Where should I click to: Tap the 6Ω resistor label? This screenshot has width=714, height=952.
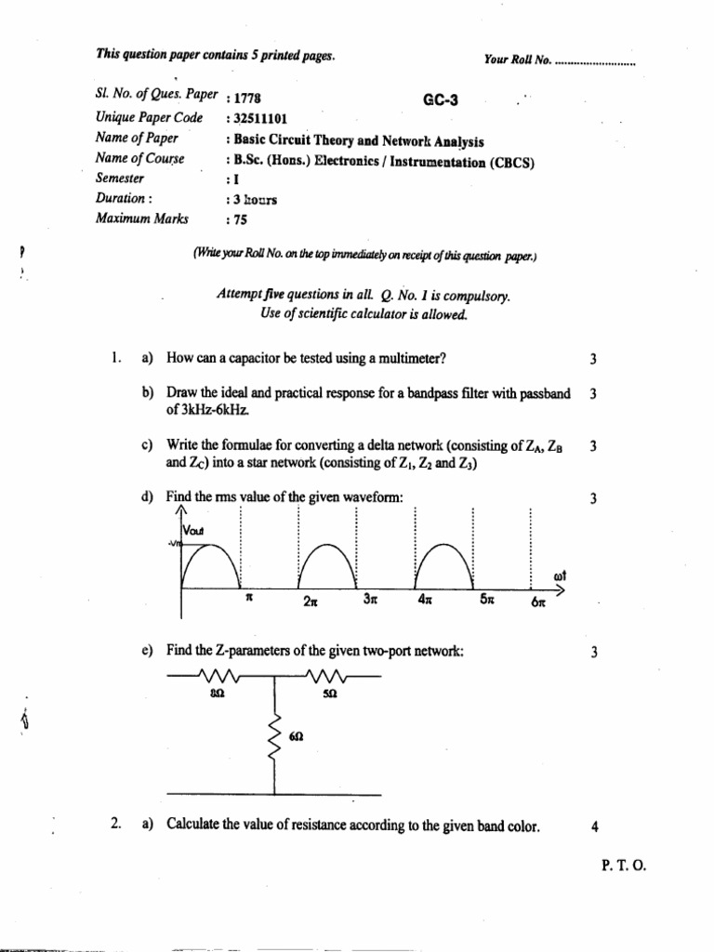coord(296,734)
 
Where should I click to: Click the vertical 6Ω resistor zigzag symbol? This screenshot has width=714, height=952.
coord(274,741)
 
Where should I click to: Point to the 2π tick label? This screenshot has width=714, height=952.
coord(311,602)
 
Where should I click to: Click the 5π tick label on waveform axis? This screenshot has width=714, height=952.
coord(487,601)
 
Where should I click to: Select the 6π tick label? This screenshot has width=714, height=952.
coord(540,602)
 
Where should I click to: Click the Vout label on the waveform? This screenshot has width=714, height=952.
coord(200,530)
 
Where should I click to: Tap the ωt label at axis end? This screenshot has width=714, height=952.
coord(560,575)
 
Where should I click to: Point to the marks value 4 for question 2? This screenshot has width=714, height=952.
coord(592,825)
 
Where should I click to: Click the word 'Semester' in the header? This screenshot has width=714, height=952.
coord(120,178)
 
